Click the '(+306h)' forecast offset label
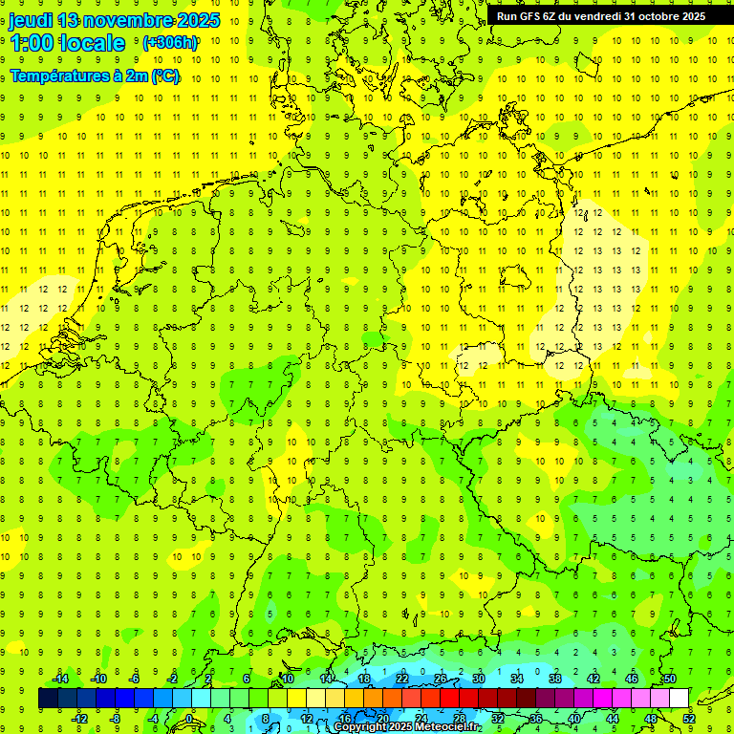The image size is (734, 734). pos(169,43)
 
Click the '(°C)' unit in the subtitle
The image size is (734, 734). pos(165,76)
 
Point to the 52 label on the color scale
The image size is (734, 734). pos(689,719)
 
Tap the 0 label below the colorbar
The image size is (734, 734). pos(189,719)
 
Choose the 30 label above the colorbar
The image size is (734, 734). pos(478,679)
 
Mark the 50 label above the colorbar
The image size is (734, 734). pos(669,679)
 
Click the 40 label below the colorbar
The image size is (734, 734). pos(574,719)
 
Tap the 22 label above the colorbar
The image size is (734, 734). pos(401,679)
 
